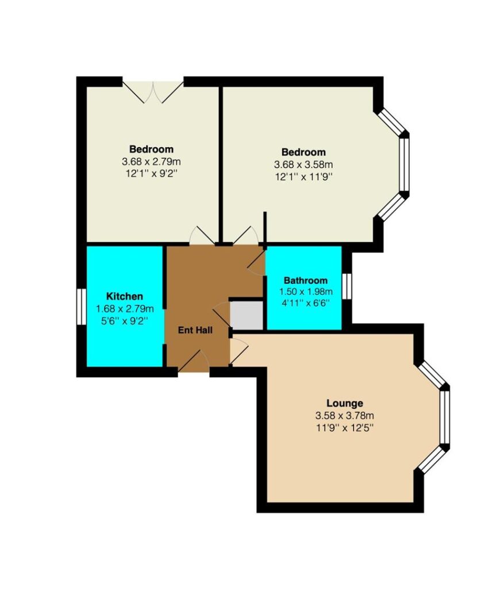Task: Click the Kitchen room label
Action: [x=125, y=296]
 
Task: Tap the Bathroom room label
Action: [x=306, y=281]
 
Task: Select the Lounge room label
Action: [x=345, y=403]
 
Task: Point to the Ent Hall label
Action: [x=195, y=330]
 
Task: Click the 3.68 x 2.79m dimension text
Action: [x=151, y=162]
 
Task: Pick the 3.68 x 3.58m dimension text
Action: [x=303, y=165]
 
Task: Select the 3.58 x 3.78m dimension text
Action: [x=345, y=416]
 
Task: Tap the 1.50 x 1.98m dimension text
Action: [x=306, y=292]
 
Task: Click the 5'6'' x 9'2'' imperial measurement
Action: [x=125, y=321]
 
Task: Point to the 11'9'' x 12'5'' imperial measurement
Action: [x=345, y=428]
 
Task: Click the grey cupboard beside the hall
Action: [x=246, y=315]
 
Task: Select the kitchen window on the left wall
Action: [x=81, y=307]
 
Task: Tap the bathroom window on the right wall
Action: [x=347, y=286]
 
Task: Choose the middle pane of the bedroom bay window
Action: [x=404, y=165]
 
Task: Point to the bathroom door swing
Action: [x=256, y=262]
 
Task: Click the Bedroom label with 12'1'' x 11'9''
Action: [x=303, y=152]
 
